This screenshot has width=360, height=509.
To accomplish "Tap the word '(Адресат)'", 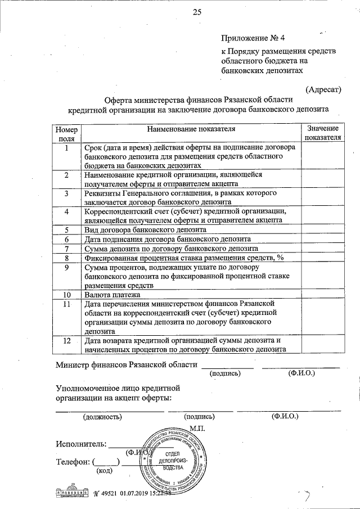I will click(323, 89).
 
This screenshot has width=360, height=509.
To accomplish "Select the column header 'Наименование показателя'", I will click(190, 129).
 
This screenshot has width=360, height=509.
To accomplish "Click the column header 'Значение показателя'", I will click(322, 133).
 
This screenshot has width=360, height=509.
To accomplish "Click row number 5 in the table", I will click(66, 229).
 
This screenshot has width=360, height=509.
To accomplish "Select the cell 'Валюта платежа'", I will click(112, 294).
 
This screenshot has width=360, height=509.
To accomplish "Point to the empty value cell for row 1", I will click(322, 156).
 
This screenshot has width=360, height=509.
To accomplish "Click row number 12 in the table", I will click(66, 341).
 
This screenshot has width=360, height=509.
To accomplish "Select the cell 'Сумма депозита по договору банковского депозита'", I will click(171, 247).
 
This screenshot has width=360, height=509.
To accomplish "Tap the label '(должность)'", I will click(102, 417).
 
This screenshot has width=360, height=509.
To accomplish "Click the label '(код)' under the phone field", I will click(105, 470).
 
